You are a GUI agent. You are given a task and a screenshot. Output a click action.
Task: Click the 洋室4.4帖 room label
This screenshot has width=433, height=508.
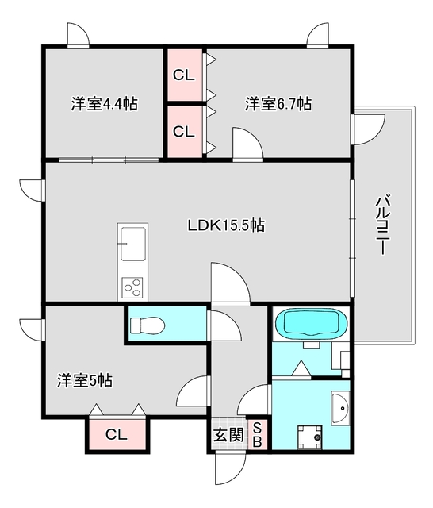click(x=104, y=104)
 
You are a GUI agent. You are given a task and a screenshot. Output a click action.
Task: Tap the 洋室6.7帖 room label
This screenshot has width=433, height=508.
click(x=278, y=104)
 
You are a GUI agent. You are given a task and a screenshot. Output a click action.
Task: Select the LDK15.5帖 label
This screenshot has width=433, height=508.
click(x=226, y=225)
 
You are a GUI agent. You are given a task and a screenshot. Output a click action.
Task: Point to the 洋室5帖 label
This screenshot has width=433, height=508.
click(x=84, y=380)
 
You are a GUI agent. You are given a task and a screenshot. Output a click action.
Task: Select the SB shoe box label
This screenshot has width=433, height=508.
click(x=257, y=434)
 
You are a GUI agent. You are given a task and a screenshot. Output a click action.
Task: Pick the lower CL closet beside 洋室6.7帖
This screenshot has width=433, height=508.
click(x=184, y=131)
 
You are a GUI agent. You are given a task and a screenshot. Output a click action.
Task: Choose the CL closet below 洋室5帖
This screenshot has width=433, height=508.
click(x=117, y=434)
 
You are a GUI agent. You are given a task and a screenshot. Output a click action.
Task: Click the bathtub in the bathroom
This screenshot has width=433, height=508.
click(x=311, y=323)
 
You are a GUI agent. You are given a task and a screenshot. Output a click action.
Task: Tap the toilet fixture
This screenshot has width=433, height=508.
click(x=146, y=325)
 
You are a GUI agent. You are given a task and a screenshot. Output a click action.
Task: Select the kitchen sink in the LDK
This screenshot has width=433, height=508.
click(x=132, y=242)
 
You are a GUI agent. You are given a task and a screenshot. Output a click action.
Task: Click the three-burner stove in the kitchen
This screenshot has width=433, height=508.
click(x=132, y=287)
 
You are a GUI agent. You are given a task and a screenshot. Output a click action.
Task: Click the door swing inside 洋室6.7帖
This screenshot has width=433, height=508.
click(x=247, y=144)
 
